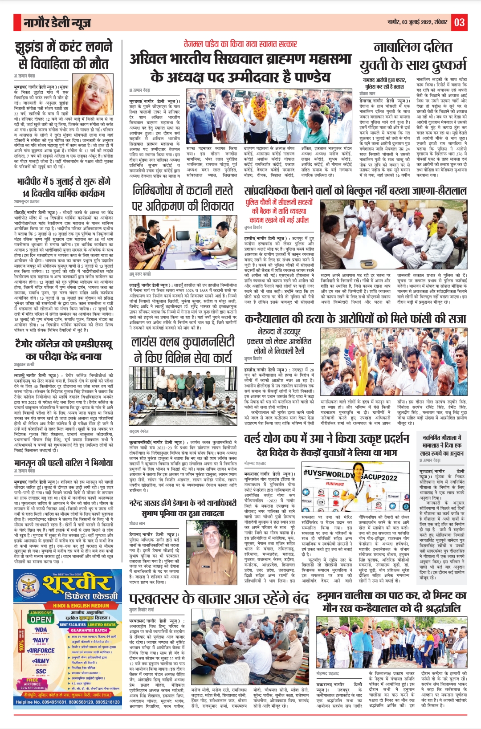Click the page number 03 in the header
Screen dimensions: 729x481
[x=459, y=22]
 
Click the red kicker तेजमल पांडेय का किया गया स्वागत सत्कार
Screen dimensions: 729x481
[x=240, y=44]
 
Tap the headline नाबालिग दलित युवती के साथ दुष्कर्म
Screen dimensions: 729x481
[x=413, y=56]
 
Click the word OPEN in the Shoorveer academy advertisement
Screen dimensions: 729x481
[x=41, y=619]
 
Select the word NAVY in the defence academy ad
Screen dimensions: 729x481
[x=41, y=640]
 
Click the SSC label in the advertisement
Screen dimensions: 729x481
[x=41, y=671]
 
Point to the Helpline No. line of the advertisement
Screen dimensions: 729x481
[x=67, y=702]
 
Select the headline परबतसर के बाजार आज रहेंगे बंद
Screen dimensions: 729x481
[x=219, y=599]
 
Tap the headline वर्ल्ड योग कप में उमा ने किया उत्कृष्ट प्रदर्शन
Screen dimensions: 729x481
[x=326, y=439]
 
